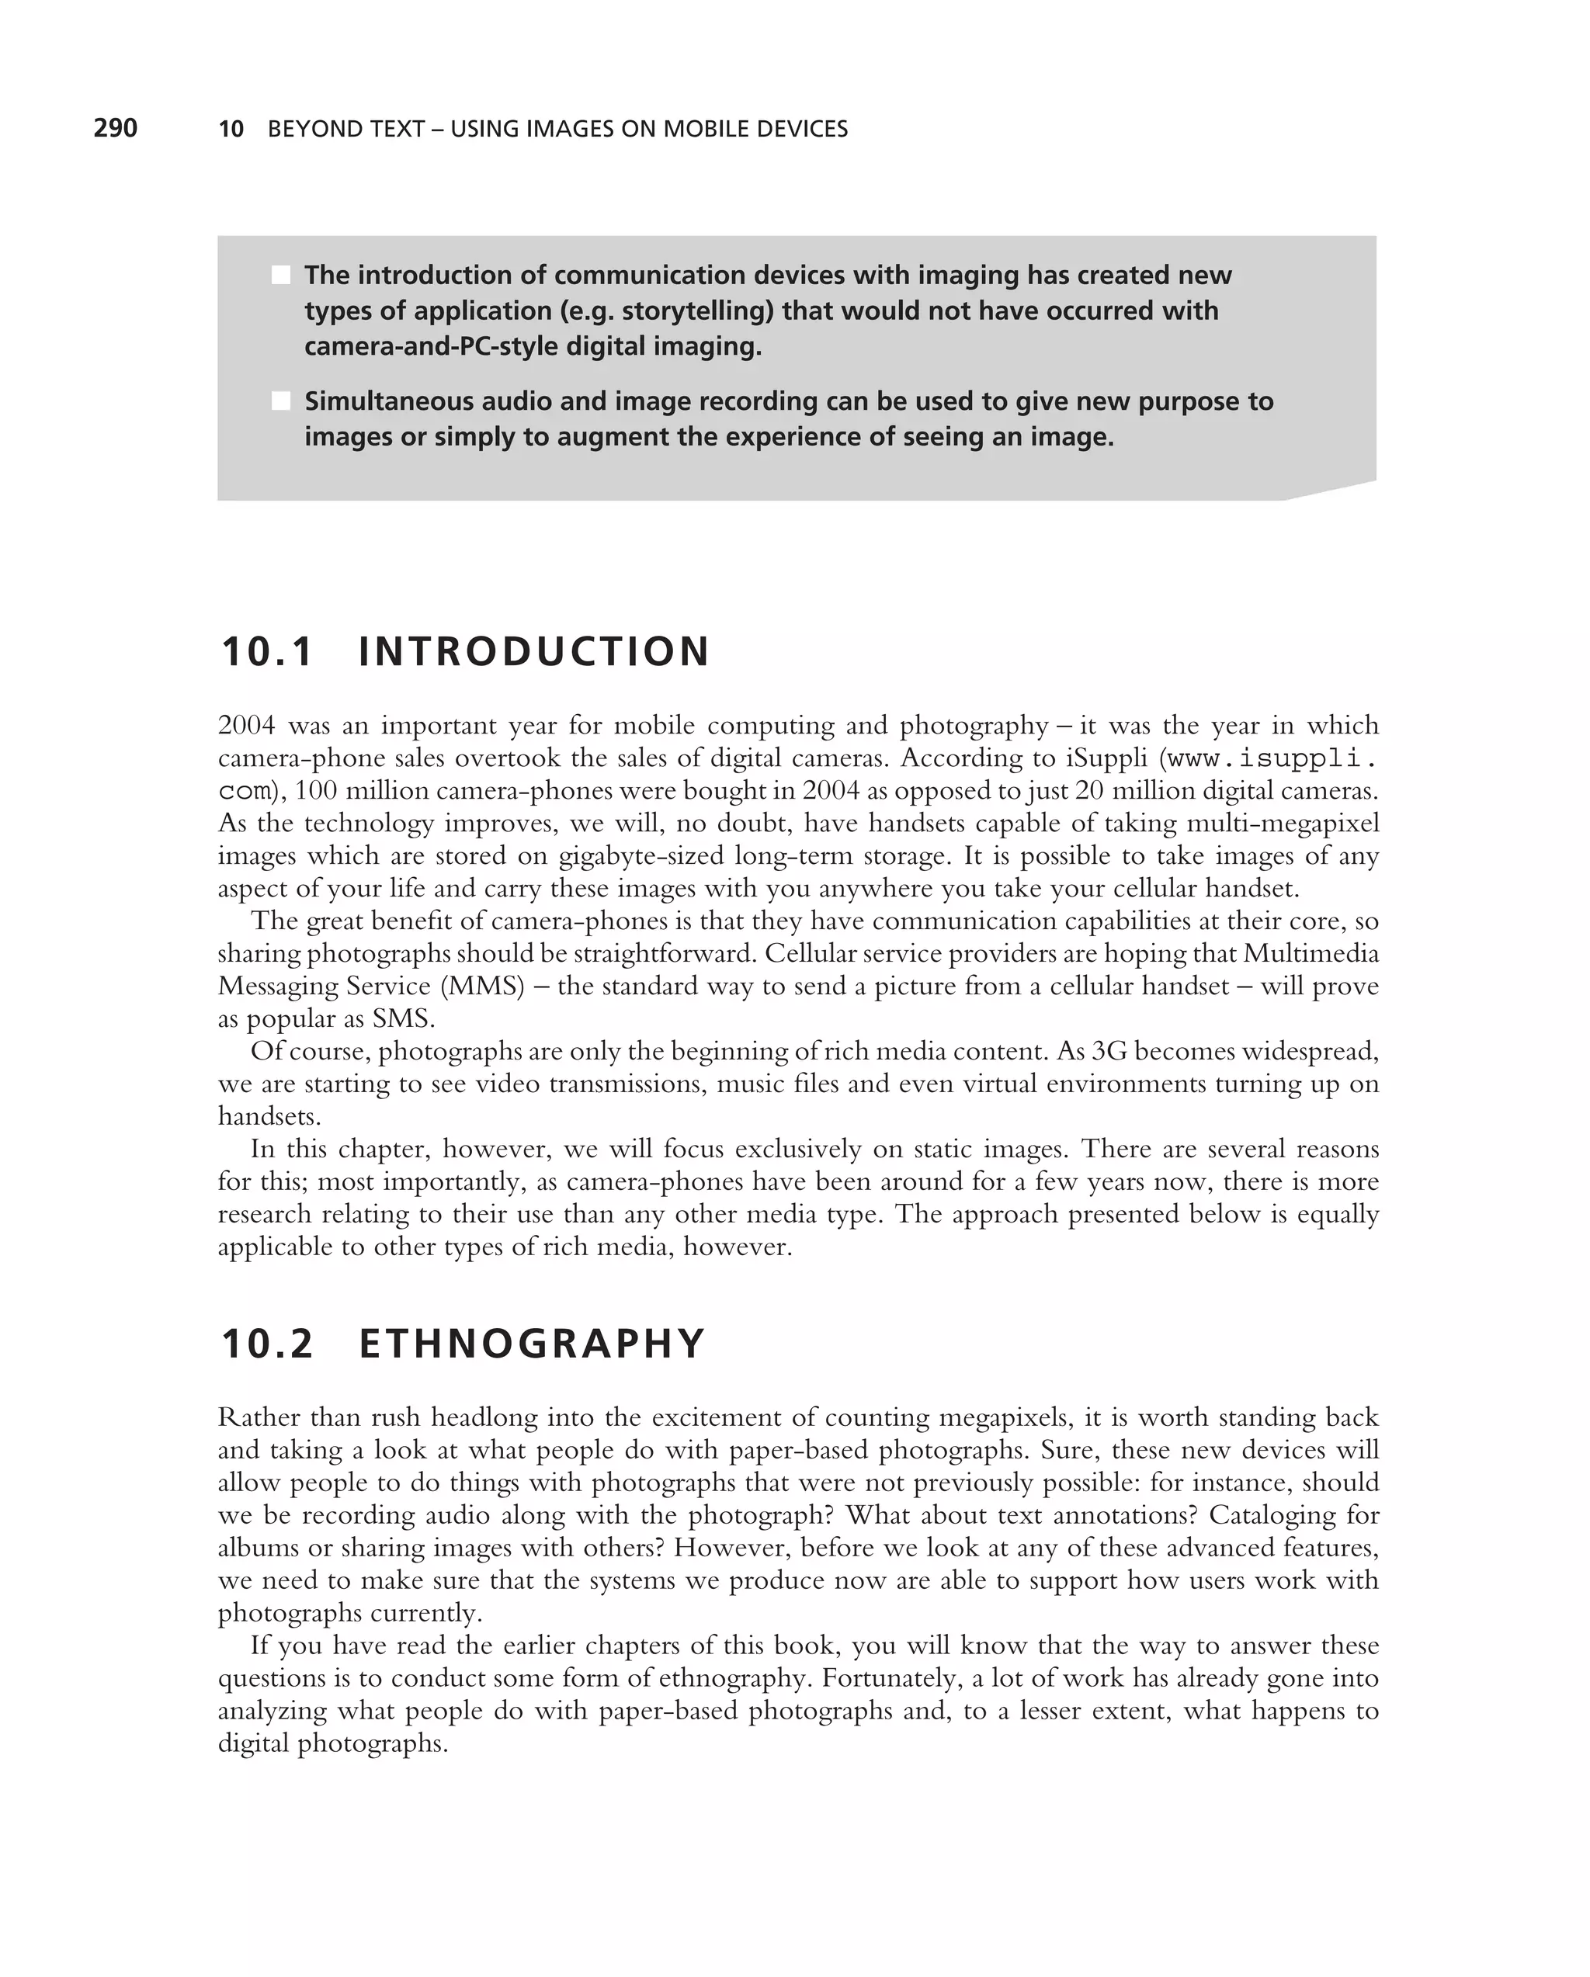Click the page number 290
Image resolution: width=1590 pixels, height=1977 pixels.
pyautogui.click(x=116, y=128)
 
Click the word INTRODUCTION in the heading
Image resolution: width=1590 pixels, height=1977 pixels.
pyautogui.click(x=533, y=652)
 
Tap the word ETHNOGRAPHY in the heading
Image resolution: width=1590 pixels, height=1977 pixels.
pyautogui.click(x=532, y=1344)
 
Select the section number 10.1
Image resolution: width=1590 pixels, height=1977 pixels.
pyautogui.click(x=267, y=652)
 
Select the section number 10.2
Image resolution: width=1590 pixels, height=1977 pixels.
pyautogui.click(x=267, y=1344)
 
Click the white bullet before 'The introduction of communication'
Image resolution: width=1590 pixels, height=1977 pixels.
pyautogui.click(x=280, y=275)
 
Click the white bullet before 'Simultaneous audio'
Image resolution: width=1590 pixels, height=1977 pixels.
pyautogui.click(x=280, y=401)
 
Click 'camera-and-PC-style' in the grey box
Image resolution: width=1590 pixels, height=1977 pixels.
pyautogui.click(x=430, y=347)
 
